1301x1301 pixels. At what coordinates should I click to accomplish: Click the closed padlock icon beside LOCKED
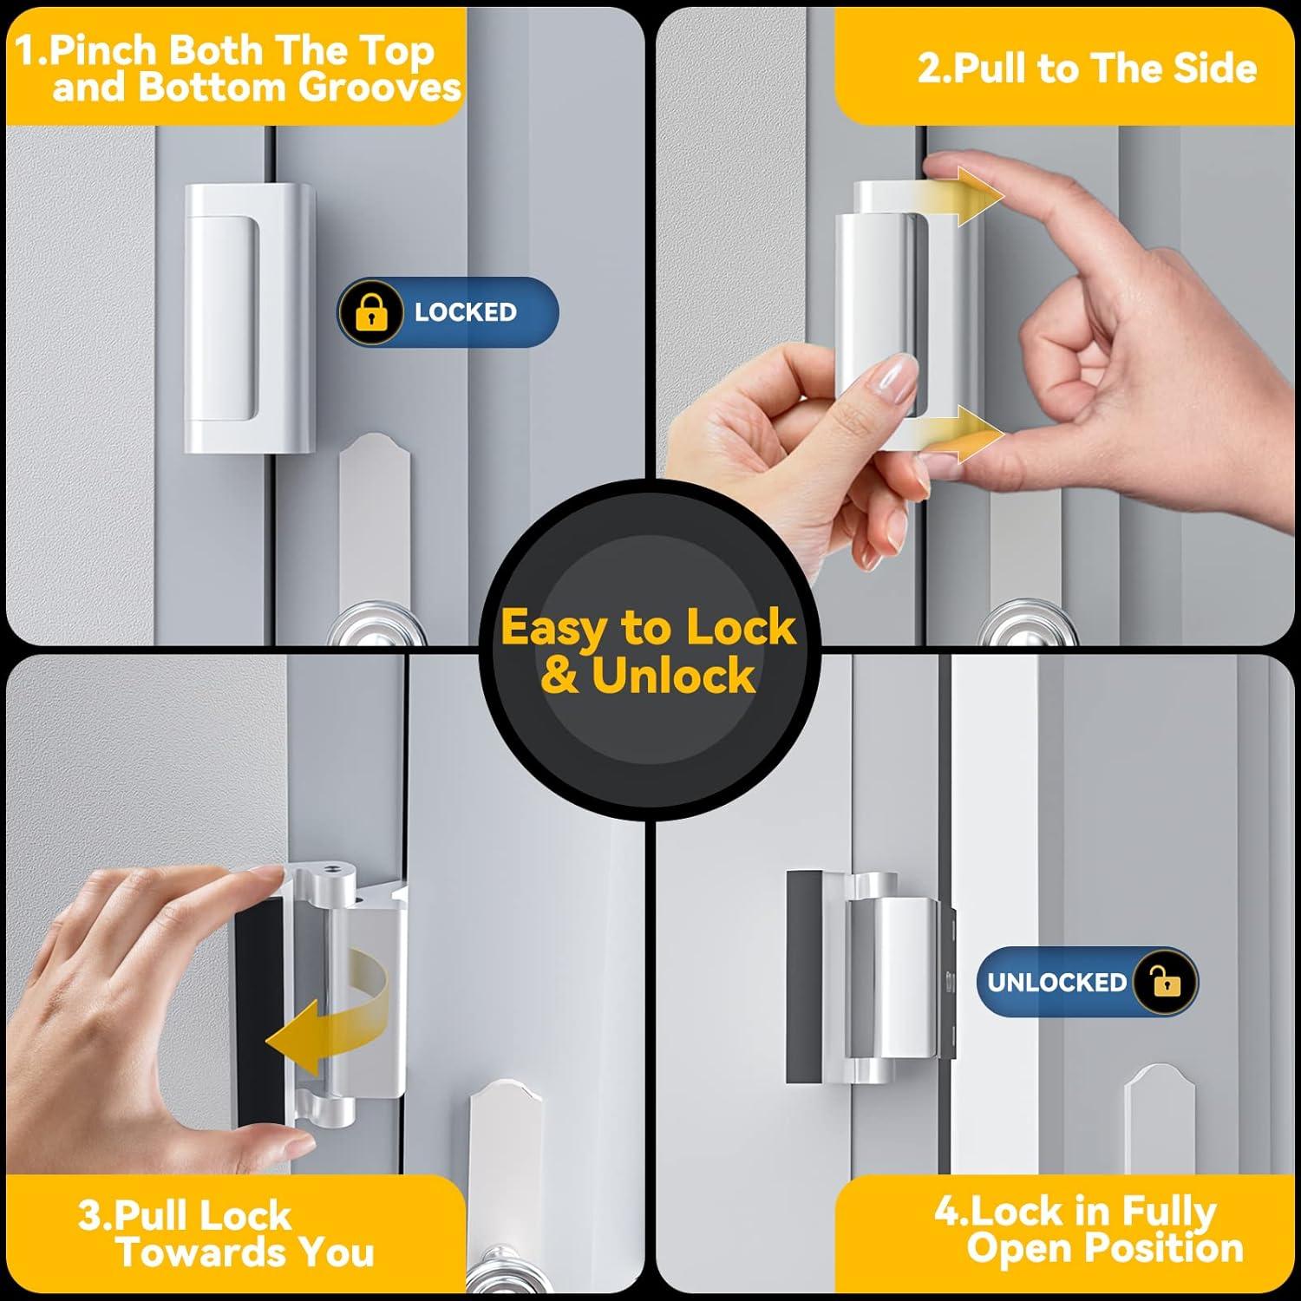tap(370, 312)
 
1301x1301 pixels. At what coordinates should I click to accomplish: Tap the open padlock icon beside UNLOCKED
tap(1166, 982)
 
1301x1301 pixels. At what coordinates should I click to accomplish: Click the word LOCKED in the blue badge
tap(465, 312)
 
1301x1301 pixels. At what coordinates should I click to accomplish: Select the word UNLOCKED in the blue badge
tap(1056, 982)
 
